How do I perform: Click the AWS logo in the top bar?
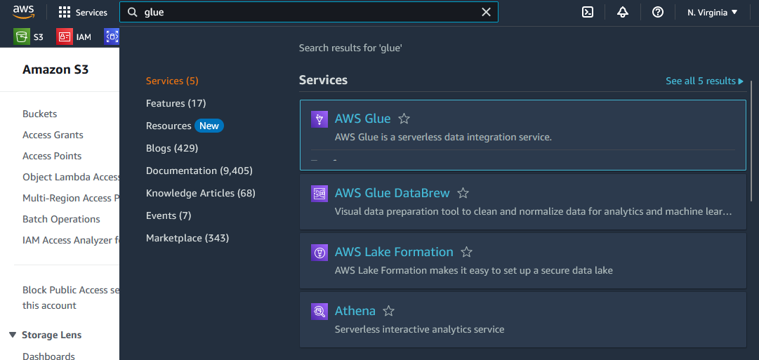23,12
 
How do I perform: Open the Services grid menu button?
83,12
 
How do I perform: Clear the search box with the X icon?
486,12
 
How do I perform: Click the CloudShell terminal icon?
588,12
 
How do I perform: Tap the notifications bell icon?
623,12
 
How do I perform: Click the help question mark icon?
657,12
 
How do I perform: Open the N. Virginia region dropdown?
713,13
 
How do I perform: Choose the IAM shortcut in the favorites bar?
74,36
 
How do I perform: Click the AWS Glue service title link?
362,119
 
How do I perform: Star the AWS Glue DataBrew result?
463,193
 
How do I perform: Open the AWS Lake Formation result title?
394,252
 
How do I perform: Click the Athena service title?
355,311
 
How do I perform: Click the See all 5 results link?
704,81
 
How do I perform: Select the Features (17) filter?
176,103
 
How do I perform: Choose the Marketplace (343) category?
187,238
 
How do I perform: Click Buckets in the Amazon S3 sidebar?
40,114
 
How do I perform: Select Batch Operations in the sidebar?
61,219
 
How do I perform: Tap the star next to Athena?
389,311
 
